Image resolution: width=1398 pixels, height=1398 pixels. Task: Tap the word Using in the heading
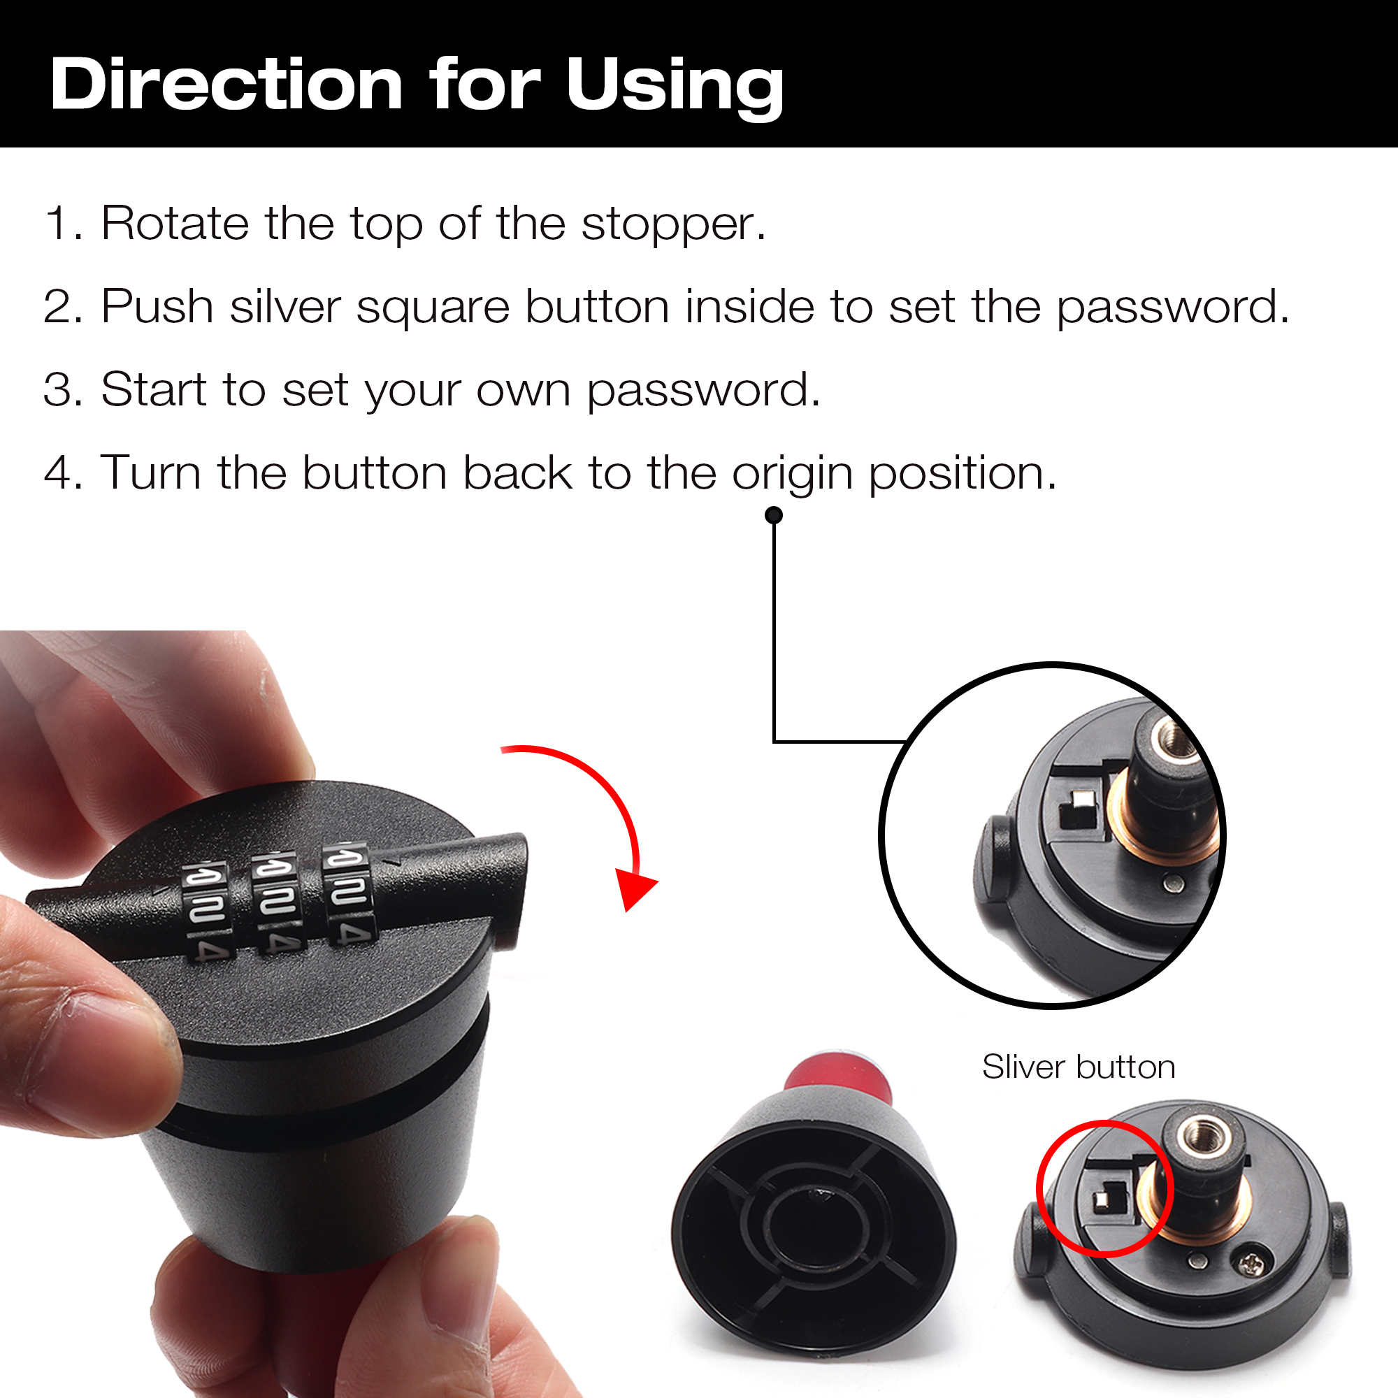point(675,88)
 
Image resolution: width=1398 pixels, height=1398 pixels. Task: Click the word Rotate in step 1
point(174,223)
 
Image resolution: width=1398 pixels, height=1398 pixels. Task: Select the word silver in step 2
point(285,306)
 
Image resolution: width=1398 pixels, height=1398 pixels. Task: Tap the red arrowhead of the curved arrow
point(635,888)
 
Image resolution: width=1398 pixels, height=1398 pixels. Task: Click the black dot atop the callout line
point(774,515)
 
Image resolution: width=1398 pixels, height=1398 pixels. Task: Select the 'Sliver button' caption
point(1078,1067)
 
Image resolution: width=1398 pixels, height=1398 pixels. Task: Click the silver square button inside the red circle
point(1102,1200)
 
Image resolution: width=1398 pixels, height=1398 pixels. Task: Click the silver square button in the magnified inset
point(1083,800)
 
